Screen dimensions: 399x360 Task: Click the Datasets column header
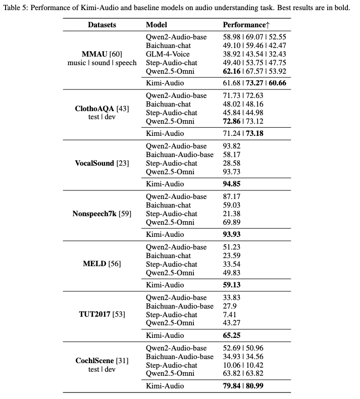click(101, 25)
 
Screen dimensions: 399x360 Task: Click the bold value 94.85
click(231, 184)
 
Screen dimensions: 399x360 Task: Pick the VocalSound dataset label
click(101, 163)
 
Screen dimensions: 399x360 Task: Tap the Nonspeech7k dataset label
click(101, 214)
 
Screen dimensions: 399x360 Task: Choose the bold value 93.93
click(231, 234)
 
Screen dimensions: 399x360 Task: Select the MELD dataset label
click(101, 264)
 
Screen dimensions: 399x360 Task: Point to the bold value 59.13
click(231, 285)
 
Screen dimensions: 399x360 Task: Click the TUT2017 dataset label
click(101, 315)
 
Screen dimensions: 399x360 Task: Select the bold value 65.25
click(231, 335)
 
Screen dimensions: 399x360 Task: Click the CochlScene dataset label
click(101, 361)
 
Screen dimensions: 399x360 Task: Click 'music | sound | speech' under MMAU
click(101, 63)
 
